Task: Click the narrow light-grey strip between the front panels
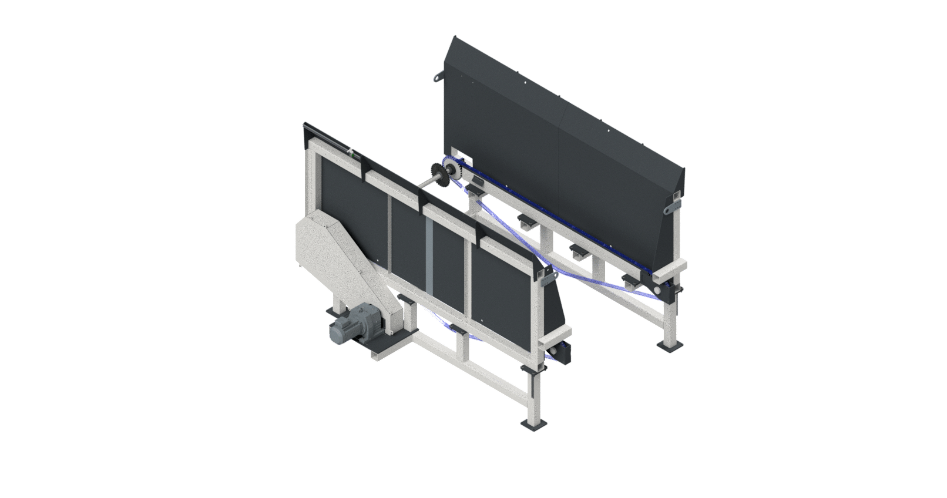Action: pyautogui.click(x=430, y=258)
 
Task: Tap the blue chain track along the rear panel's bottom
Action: pyautogui.click(x=564, y=229)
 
